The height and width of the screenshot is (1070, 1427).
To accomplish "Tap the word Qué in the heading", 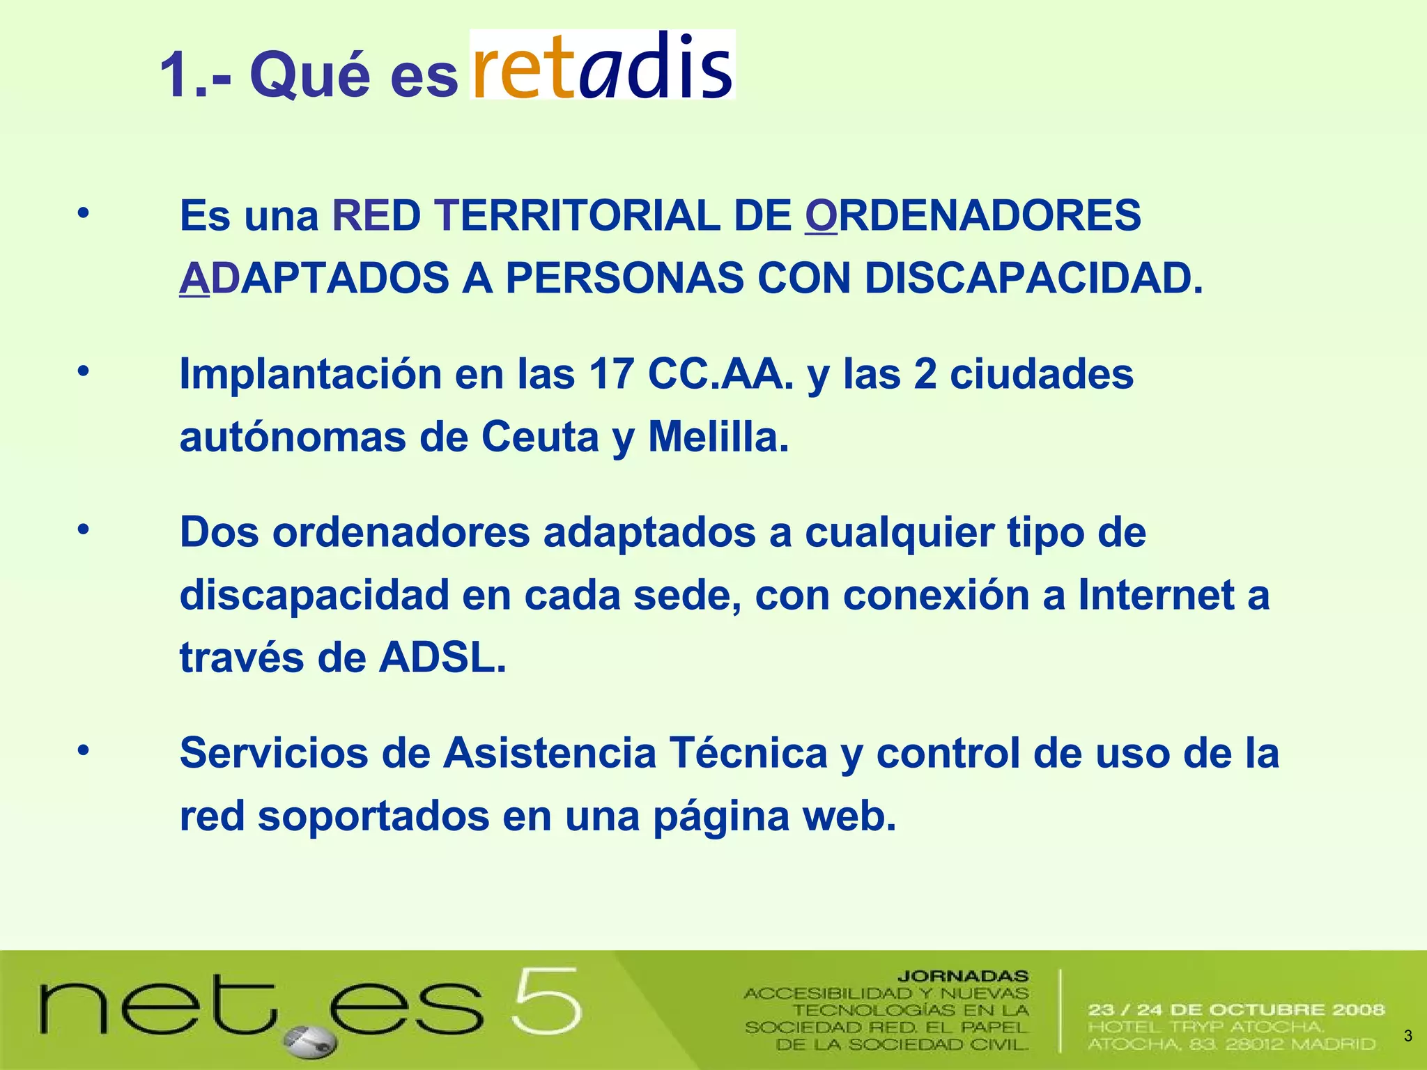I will click(309, 75).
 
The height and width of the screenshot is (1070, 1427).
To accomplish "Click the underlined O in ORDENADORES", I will click(820, 215).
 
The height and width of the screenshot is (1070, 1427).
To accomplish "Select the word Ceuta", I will click(540, 437).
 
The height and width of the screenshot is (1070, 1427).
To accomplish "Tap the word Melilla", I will click(718, 437).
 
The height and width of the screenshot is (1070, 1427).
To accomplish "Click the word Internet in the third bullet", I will click(1156, 596).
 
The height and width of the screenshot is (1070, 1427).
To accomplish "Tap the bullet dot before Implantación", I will click(84, 371).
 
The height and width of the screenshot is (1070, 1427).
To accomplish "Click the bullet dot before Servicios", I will click(84, 751).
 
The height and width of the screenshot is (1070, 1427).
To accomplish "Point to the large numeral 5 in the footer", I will click(546, 1001).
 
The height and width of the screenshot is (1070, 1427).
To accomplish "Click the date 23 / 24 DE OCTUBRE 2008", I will click(1235, 1009).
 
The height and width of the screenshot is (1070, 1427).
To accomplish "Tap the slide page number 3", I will click(1407, 1036).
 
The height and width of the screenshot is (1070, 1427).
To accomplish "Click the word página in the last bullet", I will click(720, 817).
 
